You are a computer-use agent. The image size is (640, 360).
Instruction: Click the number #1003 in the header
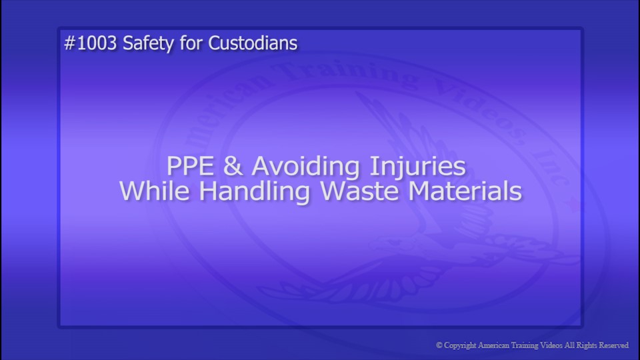91,43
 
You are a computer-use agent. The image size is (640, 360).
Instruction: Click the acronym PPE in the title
189,165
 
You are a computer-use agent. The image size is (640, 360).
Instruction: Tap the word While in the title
156,192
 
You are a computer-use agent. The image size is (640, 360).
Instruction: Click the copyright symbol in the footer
439,345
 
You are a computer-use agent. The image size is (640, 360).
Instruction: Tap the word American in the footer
497,345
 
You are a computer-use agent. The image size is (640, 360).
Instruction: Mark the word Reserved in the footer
617,345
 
